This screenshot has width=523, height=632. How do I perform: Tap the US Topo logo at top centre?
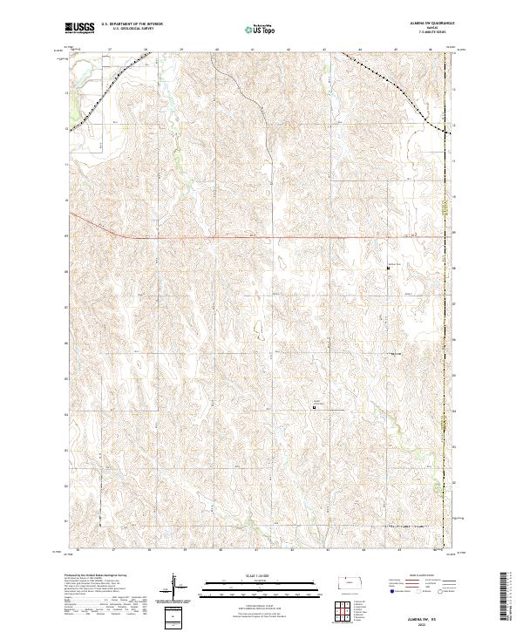click(261, 29)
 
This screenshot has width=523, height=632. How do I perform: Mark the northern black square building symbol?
click(388, 268)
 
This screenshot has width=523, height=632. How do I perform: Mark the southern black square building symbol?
click(315, 405)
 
